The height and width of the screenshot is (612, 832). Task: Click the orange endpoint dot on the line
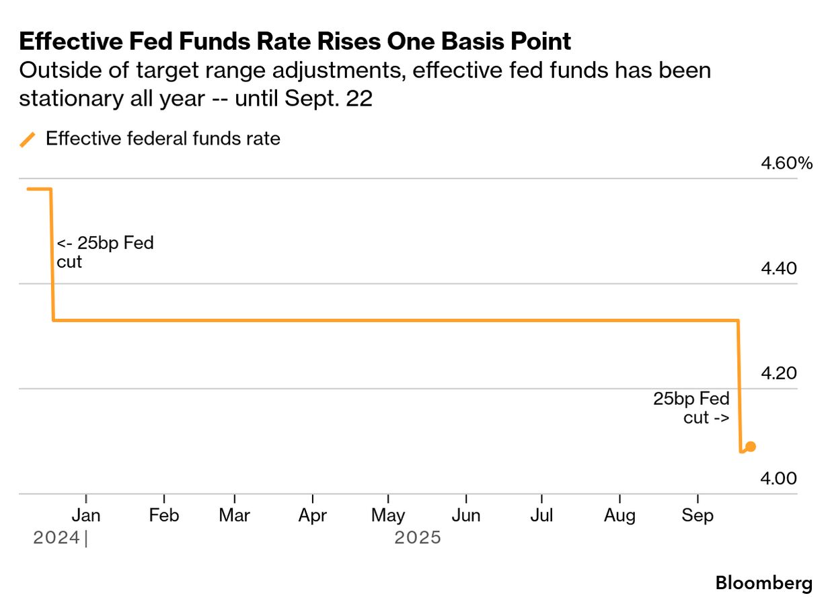point(751,447)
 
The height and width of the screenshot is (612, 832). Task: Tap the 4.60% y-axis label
point(787,163)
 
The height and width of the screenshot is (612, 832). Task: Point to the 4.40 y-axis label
point(778,268)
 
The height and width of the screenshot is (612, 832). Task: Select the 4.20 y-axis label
point(778,373)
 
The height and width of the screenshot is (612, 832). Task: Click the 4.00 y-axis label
point(778,478)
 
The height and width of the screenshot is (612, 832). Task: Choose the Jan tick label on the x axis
point(86,516)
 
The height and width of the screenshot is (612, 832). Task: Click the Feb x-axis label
point(164,516)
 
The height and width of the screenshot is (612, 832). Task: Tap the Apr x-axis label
point(313,516)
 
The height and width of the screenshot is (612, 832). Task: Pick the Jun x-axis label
point(466,516)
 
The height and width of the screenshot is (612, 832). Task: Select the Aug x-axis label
point(619,516)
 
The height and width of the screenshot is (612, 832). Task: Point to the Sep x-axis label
point(697,516)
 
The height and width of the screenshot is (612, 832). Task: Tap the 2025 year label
point(418,538)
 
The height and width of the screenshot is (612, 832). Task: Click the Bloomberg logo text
point(763,583)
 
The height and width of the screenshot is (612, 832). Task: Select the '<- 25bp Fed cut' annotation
point(104,252)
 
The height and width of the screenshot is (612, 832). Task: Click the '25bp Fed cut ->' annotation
point(693,408)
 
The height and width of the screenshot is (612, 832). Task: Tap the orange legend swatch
point(28,140)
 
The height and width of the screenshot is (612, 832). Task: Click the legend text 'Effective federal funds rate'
point(163,139)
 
